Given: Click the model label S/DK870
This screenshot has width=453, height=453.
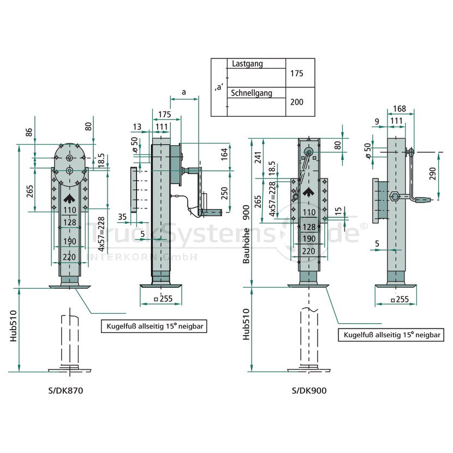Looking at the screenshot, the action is pos(66,391).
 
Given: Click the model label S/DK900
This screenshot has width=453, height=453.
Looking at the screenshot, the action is pos(309,391).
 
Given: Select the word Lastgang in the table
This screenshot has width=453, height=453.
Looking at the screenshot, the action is pos(247,63).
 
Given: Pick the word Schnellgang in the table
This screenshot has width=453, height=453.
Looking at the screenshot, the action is pos(252,93).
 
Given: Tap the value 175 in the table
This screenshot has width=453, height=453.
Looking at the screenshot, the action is pos(297,73).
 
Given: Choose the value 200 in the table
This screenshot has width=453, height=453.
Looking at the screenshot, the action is pos(297,102).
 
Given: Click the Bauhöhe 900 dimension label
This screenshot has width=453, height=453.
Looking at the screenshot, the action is pos(246,234).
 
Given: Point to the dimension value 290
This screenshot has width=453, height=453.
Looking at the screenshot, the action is pos(432,174).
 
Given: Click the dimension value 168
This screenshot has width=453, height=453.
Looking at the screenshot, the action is pos(400,109).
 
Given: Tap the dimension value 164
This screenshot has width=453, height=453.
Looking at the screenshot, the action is pos(224,154).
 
